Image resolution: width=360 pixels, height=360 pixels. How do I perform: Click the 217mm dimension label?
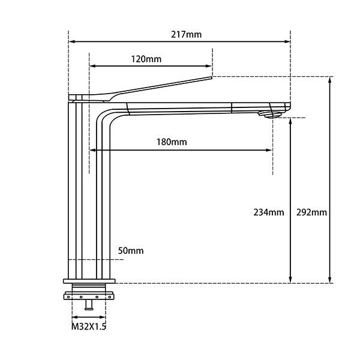coord(186,34)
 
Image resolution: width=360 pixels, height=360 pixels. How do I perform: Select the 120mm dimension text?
coord(146,59)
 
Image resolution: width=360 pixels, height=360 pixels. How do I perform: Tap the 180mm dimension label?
coord(172,142)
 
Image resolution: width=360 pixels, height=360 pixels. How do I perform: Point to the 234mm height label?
coord(268,212)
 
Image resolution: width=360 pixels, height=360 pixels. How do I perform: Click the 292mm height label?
coord(311,212)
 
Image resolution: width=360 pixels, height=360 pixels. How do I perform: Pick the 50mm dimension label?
coord(131,250)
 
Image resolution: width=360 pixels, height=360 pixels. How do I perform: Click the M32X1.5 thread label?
coord(88,327)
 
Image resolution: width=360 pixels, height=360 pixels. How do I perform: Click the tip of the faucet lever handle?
coord(211,77)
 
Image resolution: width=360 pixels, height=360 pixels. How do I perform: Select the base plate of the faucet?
coord(88,280)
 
